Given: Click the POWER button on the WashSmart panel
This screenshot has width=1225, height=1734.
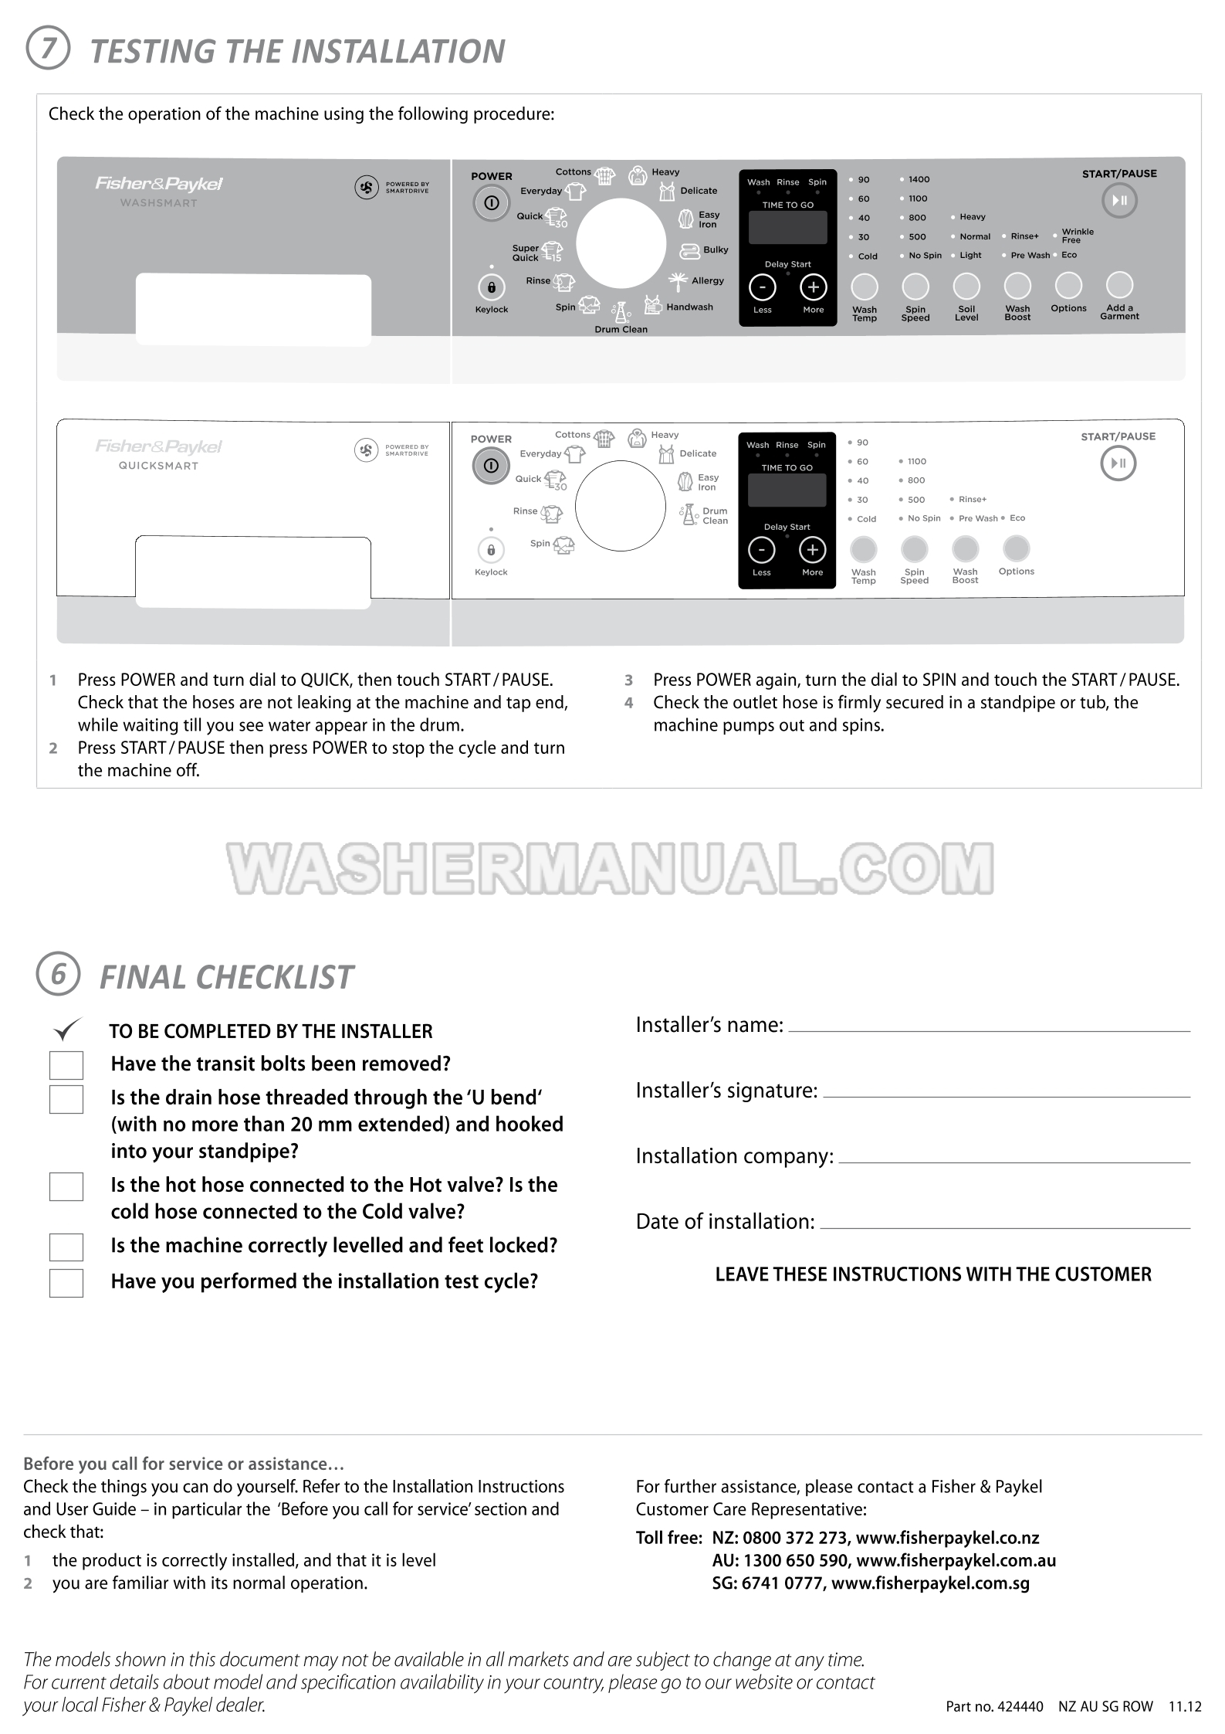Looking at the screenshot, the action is (x=492, y=203).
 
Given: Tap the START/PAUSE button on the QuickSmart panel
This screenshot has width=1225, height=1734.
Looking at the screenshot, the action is (x=1118, y=463).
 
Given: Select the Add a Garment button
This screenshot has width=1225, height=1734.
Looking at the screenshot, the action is (x=1119, y=285).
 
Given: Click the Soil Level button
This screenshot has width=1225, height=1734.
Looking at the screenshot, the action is (x=966, y=286).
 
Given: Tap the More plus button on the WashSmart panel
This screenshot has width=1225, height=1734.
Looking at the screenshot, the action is (x=813, y=287).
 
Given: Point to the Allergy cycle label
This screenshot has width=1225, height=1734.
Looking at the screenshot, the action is (x=708, y=281).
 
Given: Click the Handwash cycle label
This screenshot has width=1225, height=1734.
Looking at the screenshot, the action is (x=690, y=307).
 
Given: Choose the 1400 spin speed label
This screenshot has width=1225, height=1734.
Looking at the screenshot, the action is (x=919, y=179).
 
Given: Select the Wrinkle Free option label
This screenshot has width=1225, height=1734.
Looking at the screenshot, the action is (x=1078, y=236).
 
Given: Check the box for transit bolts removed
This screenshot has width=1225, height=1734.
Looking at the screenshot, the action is (x=66, y=1065).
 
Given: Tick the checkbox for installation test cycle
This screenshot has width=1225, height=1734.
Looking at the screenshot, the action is (x=66, y=1283).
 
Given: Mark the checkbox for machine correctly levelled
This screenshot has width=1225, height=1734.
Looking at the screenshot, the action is (x=66, y=1247).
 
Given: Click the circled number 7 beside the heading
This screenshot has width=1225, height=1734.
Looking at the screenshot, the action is (x=48, y=49).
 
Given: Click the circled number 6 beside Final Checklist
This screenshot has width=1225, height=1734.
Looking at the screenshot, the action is (x=58, y=974).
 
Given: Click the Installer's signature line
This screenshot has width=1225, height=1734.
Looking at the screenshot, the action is (x=1007, y=1097).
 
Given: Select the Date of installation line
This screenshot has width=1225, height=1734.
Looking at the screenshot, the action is (x=1005, y=1228).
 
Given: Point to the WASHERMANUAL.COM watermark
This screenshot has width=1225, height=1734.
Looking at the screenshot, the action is (x=610, y=868).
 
